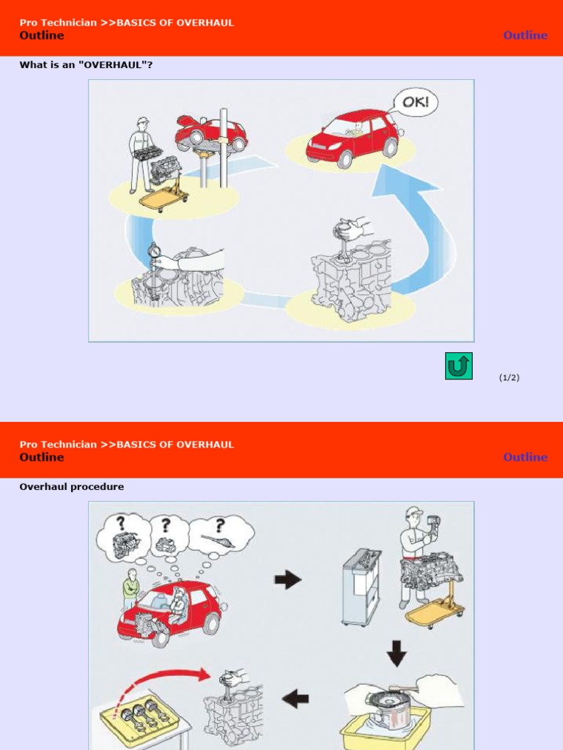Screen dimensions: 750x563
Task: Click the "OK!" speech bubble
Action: coord(416,102)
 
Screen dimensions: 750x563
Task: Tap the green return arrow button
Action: coord(458,365)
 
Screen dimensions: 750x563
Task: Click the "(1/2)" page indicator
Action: coord(509,377)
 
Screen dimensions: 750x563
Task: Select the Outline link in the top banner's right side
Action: coord(525,35)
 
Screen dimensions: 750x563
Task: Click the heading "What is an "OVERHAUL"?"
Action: coord(86,64)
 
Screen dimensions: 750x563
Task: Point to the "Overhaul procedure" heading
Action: coord(71,486)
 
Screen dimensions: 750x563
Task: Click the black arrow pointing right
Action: coord(287,580)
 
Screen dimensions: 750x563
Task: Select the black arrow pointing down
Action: coord(397,652)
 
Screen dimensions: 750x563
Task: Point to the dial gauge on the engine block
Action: coord(154,253)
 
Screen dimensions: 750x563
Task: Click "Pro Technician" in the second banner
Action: coord(58,445)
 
